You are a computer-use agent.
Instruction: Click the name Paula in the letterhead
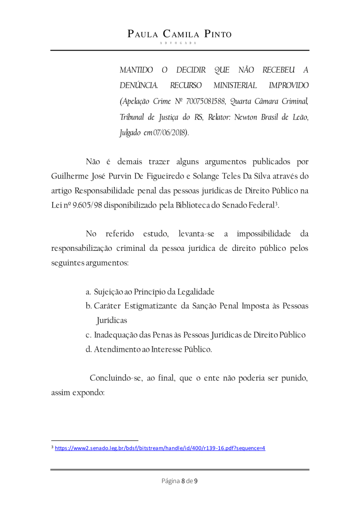point(144,34)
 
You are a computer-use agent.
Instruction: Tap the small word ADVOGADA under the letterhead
point(180,44)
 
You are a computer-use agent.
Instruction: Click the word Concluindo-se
point(116,378)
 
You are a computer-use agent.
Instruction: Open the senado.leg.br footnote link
point(160,448)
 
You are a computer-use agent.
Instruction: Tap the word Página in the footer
point(170,481)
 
